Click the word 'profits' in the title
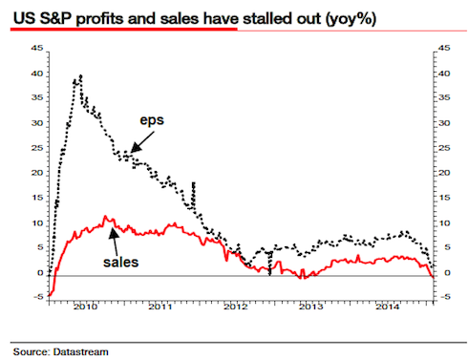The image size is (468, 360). pyautogui.click(x=100, y=18)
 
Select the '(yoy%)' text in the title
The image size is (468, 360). pyautogui.click(x=351, y=19)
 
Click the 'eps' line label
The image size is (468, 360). pyautogui.click(x=152, y=120)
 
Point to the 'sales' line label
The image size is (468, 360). pyautogui.click(x=121, y=262)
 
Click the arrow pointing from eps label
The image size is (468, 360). pyautogui.click(x=142, y=141)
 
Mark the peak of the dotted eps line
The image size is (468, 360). pyautogui.click(x=80, y=75)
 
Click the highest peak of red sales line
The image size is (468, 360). pyautogui.click(x=105, y=216)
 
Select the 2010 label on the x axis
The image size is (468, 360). pyautogui.click(x=85, y=307)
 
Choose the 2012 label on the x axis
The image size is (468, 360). pyautogui.click(x=235, y=307)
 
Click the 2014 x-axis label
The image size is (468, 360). pyautogui.click(x=387, y=307)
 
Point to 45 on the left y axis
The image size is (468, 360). pyautogui.click(x=37, y=48)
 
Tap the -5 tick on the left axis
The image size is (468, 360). pyautogui.click(x=38, y=297)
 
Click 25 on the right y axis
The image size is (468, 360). pyautogui.click(x=444, y=148)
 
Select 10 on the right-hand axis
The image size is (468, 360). pyautogui.click(x=444, y=223)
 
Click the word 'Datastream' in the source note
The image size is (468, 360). pyautogui.click(x=81, y=351)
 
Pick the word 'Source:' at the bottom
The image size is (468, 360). pyautogui.click(x=32, y=351)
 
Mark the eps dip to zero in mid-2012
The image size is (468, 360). pyautogui.click(x=269, y=274)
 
